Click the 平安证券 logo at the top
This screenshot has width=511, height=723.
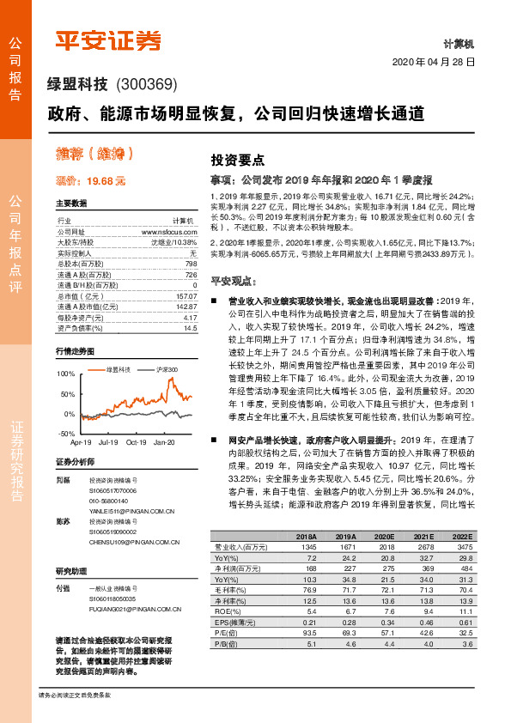point(107,40)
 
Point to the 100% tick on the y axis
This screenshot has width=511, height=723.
point(66,374)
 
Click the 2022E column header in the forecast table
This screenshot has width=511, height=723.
point(462,535)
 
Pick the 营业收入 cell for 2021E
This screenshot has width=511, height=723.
point(423,546)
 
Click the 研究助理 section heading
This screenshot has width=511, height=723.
point(72,571)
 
